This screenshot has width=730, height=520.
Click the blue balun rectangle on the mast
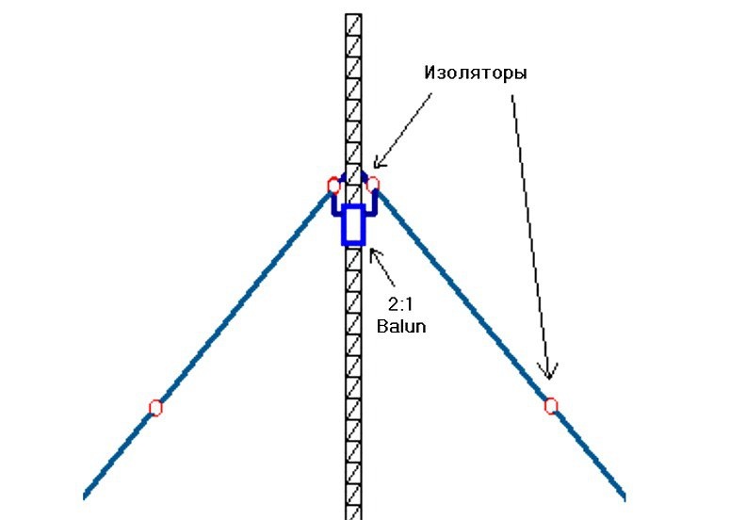point(353,224)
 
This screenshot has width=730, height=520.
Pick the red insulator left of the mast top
point(333,185)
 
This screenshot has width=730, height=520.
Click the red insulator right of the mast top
point(373,184)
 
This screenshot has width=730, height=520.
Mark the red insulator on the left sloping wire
point(155,408)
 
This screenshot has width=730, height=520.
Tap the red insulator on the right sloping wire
point(551,406)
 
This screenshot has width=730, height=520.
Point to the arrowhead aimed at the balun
point(373,252)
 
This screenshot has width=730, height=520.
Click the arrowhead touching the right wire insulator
point(547,371)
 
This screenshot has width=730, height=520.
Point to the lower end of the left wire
point(87,494)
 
